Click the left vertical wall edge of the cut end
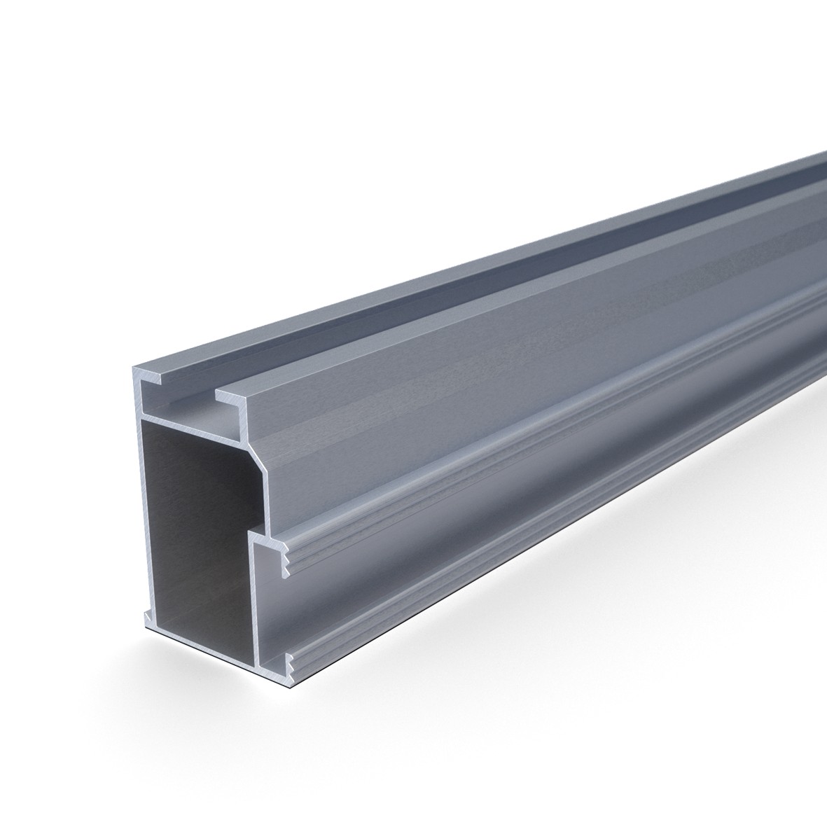click(x=139, y=490)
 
